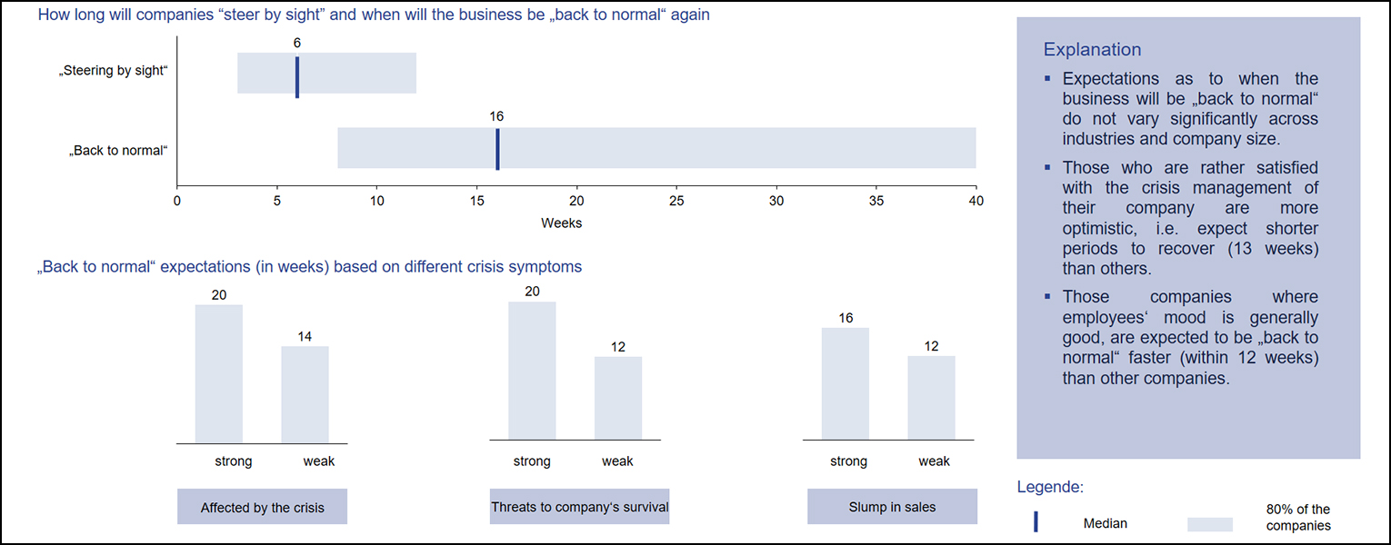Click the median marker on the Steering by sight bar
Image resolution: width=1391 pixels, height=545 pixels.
pos(296,77)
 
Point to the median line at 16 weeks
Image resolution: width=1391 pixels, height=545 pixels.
pos(497,149)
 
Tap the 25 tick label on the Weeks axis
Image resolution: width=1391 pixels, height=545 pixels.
pos(676,201)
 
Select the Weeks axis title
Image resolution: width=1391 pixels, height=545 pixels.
pos(561,223)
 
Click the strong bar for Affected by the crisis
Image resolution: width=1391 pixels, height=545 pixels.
pos(218,373)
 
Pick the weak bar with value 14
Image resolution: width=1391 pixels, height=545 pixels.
pos(305,395)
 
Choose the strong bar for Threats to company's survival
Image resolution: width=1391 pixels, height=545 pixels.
pos(532,371)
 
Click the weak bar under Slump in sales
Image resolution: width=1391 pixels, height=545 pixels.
pos(932,398)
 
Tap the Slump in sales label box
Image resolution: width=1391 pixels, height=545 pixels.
pos(893,507)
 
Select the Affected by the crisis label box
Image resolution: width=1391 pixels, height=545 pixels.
pos(262,507)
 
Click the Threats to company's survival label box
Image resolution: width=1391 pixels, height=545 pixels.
pos(579,507)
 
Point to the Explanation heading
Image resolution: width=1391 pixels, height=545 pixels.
pos(1092,50)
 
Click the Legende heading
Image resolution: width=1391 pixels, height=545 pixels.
pos(1050,487)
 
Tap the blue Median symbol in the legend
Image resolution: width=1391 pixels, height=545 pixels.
pos(1036,521)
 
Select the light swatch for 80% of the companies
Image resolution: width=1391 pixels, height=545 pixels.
pos(1210,524)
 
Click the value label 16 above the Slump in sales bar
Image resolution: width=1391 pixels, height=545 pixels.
pos(846,318)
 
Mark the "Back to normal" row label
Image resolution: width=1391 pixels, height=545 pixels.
pos(118,151)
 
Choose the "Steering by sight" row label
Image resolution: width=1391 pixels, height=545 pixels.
pos(114,71)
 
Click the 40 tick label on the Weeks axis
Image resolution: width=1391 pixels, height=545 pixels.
pos(976,201)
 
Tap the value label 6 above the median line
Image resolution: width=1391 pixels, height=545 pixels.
pos(296,43)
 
